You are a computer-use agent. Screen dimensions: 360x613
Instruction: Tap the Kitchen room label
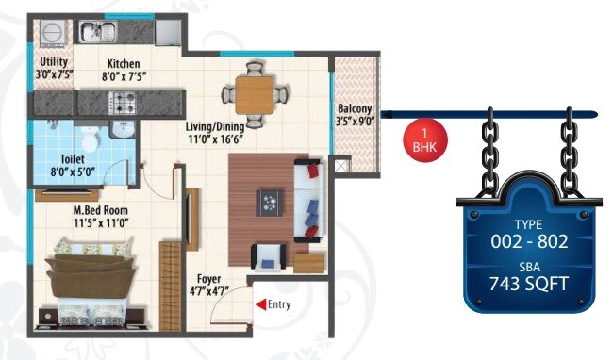coord(124,64)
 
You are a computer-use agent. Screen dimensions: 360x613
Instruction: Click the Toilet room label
coord(74,159)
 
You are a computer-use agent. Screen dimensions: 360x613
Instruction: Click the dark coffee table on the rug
coord(272,200)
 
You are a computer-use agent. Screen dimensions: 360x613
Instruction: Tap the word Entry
coord(280,303)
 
